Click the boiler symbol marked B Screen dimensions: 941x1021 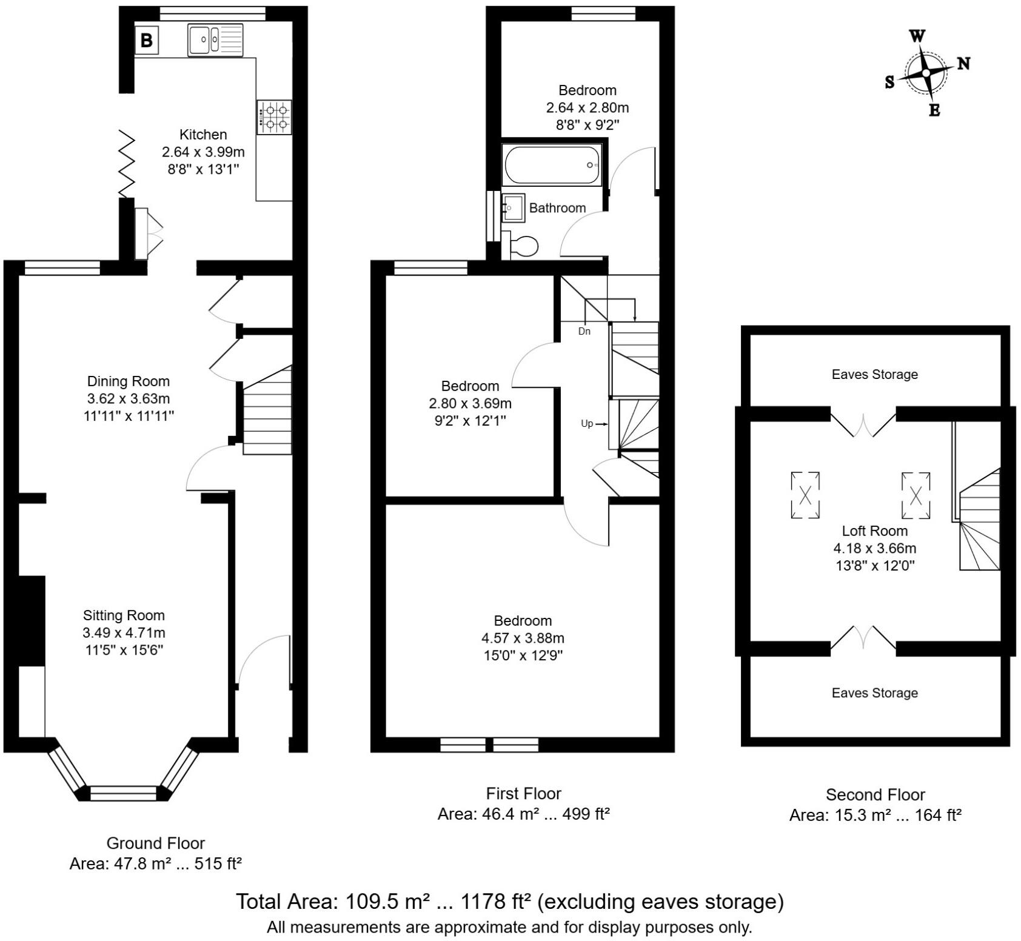pos(146,41)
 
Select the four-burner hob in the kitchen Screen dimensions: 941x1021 pos(274,118)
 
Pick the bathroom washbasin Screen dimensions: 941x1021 pos(513,208)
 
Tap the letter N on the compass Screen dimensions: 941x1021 pos(963,63)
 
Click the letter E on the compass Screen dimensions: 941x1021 pos(934,110)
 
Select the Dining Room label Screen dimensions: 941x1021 pos(129,381)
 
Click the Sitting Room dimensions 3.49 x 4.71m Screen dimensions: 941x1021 pos(124,633)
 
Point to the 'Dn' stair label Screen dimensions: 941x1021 pos(584,332)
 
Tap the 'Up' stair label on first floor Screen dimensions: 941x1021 pos(587,424)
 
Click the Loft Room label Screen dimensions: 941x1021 pos(874,531)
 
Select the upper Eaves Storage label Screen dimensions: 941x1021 pos(874,375)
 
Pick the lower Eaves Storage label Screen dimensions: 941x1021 pos(874,693)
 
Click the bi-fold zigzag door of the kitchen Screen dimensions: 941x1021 pos(126,164)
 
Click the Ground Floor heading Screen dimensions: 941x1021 pos(156,843)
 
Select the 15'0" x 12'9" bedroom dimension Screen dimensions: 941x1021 pos(523,655)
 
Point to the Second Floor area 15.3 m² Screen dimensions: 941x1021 pos(875,815)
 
